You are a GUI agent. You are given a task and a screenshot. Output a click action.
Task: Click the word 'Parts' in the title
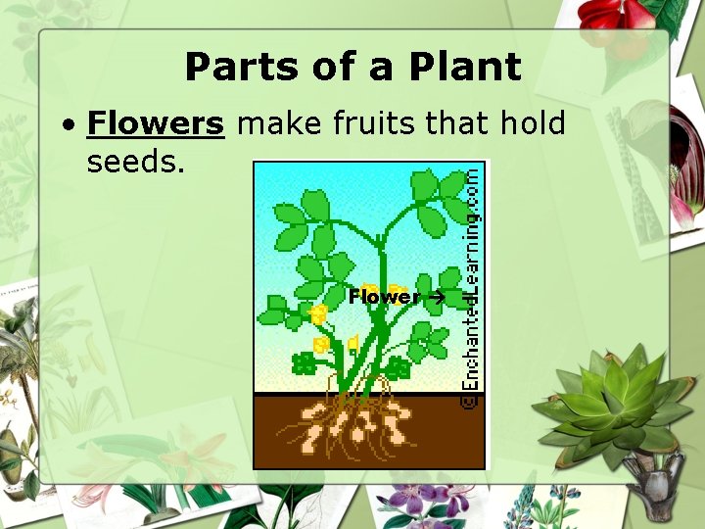pyautogui.click(x=231, y=67)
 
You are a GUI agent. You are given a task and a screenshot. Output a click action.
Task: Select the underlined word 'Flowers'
pyautogui.click(x=156, y=124)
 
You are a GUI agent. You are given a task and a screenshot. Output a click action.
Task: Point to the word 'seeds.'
pyautogui.click(x=136, y=162)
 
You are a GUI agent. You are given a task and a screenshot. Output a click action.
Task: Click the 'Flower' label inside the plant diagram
pyautogui.click(x=384, y=296)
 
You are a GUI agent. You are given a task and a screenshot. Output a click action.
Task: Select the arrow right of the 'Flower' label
pyautogui.click(x=437, y=296)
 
